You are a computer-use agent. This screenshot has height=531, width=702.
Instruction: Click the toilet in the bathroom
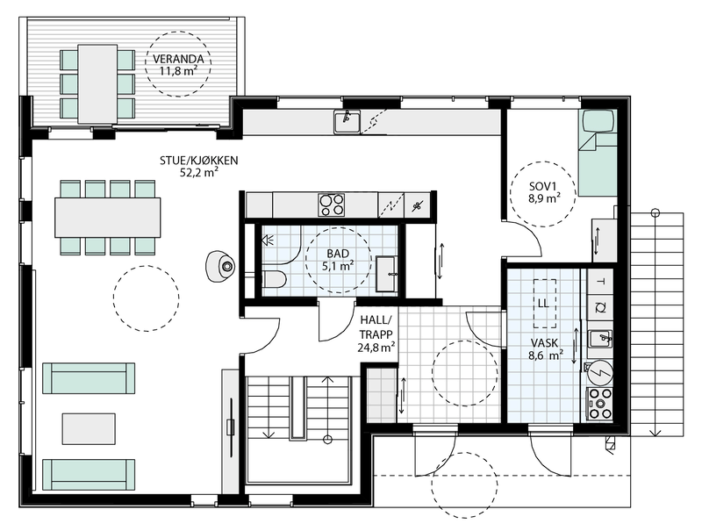click(272, 280)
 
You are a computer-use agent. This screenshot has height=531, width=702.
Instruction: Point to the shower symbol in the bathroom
click(268, 238)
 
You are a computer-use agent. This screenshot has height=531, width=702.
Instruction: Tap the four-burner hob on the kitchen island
click(332, 205)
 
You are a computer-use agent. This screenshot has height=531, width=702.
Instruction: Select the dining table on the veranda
click(97, 83)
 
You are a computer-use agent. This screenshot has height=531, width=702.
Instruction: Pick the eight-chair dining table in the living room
click(108, 217)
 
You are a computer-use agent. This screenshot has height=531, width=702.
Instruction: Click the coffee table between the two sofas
click(88, 428)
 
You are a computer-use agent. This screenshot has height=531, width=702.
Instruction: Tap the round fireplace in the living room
click(223, 264)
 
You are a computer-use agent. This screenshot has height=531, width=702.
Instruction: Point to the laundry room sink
click(601, 338)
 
